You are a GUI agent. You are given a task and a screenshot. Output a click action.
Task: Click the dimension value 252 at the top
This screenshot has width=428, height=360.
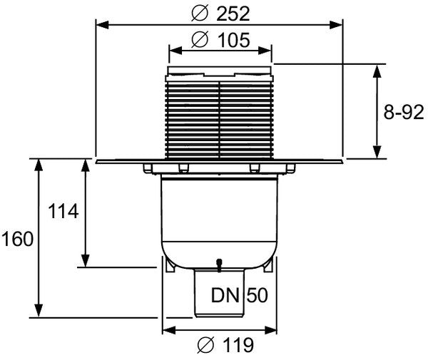[233, 14]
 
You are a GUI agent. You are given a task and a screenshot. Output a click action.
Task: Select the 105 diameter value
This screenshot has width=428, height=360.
[234, 40]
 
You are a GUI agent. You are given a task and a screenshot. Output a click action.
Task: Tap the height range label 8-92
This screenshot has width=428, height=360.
[404, 112]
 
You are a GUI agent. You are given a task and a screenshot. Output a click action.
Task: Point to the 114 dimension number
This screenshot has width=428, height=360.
[63, 211]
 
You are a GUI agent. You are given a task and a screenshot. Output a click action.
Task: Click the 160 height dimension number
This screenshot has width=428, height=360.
[17, 239]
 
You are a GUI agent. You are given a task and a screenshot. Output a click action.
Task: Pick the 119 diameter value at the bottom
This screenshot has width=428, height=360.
[238, 345]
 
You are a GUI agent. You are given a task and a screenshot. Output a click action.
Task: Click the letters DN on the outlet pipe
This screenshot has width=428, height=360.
[225, 295]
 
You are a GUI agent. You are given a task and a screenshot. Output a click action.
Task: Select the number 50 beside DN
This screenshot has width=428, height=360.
[258, 295]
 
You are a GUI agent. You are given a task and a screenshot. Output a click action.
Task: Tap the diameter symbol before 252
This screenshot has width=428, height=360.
[200, 14]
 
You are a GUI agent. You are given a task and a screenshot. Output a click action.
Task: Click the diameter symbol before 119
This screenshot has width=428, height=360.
[206, 345]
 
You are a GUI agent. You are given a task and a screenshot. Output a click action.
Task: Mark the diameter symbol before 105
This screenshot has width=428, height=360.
[200, 40]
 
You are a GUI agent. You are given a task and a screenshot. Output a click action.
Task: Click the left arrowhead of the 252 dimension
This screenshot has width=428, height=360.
[103, 25]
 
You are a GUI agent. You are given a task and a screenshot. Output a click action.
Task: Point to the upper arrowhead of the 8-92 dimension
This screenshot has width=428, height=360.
[377, 72]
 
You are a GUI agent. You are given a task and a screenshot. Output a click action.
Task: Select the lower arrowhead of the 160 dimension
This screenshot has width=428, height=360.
[39, 311]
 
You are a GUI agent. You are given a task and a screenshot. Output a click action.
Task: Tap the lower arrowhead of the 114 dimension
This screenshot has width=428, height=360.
[86, 260]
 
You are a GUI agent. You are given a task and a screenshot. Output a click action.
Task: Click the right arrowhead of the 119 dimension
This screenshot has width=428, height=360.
[270, 330]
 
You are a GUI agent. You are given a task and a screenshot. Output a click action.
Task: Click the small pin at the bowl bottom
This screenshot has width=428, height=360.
[219, 265]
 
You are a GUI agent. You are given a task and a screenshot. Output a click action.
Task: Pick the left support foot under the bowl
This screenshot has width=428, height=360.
[170, 265]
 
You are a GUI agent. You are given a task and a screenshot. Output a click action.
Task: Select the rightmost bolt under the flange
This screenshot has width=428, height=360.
[290, 168]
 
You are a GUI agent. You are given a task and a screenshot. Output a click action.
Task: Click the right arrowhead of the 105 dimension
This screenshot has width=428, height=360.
[265, 51]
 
